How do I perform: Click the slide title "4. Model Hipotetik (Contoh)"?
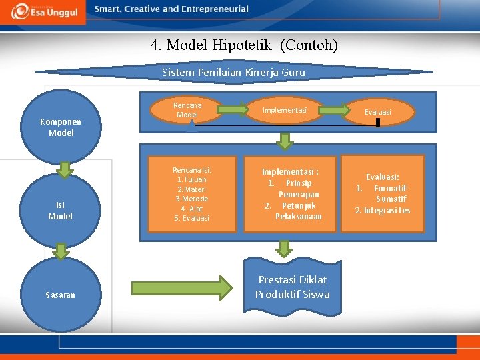[244, 45]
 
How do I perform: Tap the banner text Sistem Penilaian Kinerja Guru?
[234, 73]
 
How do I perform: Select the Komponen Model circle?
[61, 127]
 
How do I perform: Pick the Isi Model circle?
[60, 211]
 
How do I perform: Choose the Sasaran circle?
[61, 294]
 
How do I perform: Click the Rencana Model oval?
[187, 110]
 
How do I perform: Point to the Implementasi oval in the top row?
[285, 110]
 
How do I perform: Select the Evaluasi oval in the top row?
[377, 112]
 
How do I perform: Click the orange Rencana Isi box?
[192, 194]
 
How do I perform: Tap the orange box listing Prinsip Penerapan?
[290, 194]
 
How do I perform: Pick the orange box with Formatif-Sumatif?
[383, 194]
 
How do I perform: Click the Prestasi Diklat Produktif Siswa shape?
[292, 287]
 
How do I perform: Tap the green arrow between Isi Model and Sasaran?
[61, 251]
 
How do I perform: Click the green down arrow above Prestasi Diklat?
[285, 248]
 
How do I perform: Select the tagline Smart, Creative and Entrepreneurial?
[171, 9]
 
